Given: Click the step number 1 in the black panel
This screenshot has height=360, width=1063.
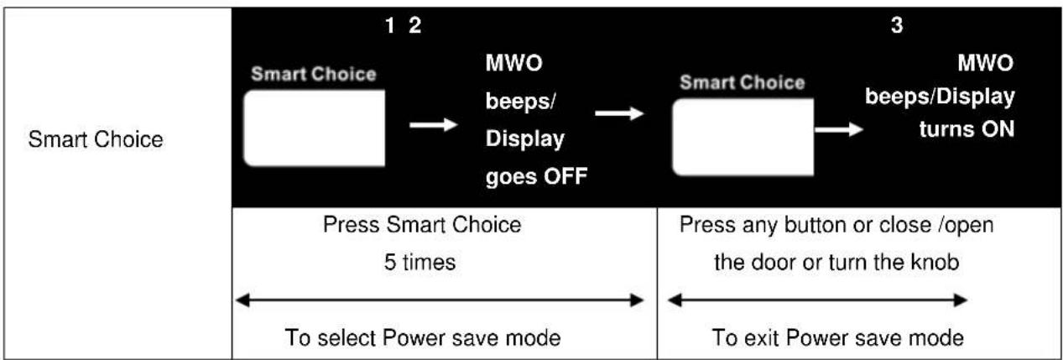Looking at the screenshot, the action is coord(390,25).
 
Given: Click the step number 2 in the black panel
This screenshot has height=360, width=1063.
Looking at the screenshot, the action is coord(414,25).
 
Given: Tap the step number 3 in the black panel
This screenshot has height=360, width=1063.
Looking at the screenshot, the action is coord(896,25).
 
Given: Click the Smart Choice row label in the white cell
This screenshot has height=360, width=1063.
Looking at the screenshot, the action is coord(96,139).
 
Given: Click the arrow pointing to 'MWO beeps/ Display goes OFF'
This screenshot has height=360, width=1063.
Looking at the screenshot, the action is coord(433,125).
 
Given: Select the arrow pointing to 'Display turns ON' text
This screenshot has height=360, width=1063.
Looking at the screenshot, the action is coord(838,129).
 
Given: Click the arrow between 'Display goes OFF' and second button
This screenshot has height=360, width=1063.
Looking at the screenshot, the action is coord(619,113).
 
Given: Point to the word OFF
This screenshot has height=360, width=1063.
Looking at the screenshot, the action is coord(565,176).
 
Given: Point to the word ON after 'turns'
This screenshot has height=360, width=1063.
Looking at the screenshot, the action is coord(998,129).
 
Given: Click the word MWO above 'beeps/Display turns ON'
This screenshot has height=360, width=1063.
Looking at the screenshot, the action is coord(985,63).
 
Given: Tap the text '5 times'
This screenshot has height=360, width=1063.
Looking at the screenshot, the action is coord(419,262).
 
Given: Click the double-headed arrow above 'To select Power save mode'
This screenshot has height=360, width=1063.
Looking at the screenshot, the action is coord(440,300).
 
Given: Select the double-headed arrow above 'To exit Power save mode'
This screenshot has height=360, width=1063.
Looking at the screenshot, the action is coord(817,300).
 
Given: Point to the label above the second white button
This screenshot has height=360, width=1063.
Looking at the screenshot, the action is coord(743,82).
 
